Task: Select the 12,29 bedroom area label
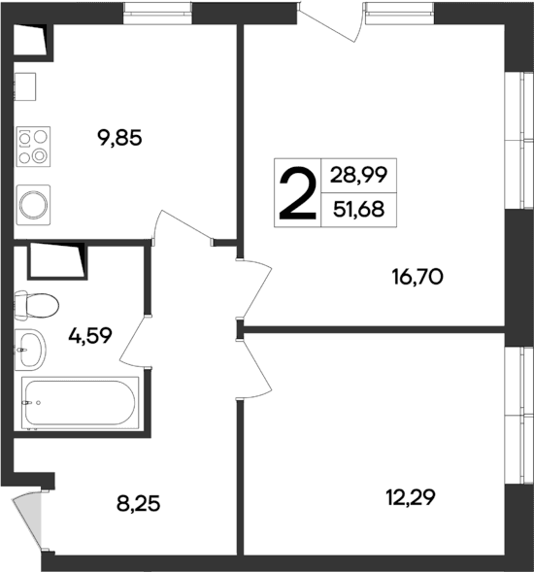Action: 411,498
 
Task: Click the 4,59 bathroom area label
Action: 89,336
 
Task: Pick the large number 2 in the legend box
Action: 297,193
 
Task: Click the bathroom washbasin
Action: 31,348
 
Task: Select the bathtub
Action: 81,401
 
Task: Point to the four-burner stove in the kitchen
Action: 32,146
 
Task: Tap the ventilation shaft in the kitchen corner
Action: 32,37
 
